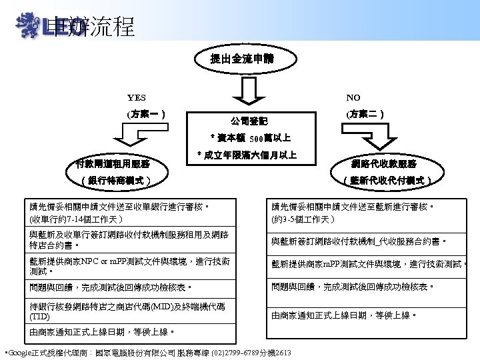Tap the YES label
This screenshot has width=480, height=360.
(137, 98)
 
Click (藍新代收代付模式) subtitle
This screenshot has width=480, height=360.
(387, 179)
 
